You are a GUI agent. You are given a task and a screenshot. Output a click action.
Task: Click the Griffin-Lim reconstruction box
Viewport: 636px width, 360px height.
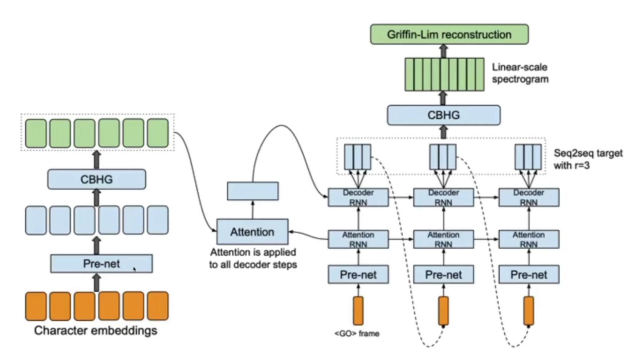(449, 35)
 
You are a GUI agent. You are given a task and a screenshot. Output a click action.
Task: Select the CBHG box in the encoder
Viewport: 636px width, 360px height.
(96, 179)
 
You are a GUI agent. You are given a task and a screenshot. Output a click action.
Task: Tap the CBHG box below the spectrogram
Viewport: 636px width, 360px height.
(444, 115)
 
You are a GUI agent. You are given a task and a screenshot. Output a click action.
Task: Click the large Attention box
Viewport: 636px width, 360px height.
(252, 232)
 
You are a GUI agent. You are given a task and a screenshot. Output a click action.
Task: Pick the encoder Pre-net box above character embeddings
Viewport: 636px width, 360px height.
(101, 264)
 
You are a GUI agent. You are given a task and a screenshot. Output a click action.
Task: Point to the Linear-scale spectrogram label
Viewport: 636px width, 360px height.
(520, 73)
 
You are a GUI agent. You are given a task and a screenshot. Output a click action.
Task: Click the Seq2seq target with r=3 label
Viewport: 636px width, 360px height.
(588, 159)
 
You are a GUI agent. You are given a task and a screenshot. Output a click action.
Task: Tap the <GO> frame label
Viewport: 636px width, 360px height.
(357, 334)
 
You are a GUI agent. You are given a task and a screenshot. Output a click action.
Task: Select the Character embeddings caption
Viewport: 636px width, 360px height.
(96, 330)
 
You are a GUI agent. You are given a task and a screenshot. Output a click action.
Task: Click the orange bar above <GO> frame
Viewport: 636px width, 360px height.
(358, 311)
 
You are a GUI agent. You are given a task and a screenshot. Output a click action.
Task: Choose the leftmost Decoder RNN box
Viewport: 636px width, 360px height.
(358, 197)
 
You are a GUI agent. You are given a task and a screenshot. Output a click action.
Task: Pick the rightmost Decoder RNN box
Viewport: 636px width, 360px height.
(529, 197)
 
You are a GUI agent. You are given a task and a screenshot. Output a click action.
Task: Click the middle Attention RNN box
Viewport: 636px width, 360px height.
(444, 239)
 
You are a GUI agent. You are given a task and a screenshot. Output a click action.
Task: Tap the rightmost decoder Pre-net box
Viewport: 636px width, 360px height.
(529, 275)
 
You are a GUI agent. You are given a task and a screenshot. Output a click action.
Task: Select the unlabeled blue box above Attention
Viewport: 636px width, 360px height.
(253, 191)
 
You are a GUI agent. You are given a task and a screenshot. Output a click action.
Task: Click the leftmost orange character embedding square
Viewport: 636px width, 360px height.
(36, 306)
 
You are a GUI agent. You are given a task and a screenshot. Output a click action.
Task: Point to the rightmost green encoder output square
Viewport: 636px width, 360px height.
(158, 133)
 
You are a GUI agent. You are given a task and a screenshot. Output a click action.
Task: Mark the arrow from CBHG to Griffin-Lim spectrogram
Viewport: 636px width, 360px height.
(443, 98)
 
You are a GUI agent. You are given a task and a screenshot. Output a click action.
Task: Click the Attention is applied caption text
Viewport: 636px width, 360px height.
(253, 259)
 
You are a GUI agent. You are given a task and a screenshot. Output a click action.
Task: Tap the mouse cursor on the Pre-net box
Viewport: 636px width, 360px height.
(135, 269)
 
